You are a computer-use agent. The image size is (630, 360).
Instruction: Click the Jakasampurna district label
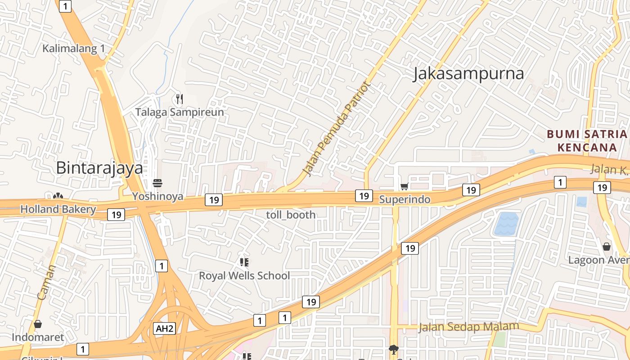pyautogui.click(x=468, y=74)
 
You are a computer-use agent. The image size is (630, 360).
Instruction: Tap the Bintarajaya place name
pyautogui.click(x=99, y=168)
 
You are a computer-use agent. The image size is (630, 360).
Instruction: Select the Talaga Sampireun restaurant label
pyautogui.click(x=180, y=112)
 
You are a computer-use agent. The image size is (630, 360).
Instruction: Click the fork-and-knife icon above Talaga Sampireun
pyautogui.click(x=179, y=99)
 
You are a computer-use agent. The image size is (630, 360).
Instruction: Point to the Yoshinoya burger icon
pyautogui.click(x=157, y=183)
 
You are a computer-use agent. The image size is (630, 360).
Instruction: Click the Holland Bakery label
pyautogui.click(x=58, y=209)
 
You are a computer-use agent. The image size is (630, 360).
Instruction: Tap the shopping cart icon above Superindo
pyautogui.click(x=404, y=186)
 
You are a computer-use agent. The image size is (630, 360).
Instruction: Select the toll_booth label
pyautogui.click(x=291, y=215)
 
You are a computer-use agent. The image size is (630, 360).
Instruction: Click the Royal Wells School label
pyautogui.click(x=244, y=275)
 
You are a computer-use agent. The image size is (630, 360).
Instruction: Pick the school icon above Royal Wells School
pyautogui.click(x=244, y=262)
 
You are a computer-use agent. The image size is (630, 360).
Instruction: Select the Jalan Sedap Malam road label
pyautogui.click(x=468, y=327)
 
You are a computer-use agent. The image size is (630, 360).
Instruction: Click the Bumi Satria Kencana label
pyautogui.click(x=587, y=140)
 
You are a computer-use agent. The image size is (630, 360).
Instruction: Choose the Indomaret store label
pyautogui.click(x=38, y=337)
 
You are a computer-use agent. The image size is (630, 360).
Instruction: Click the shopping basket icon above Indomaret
pyautogui.click(x=38, y=324)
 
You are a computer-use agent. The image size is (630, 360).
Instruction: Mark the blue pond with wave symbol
pyautogui.click(x=506, y=224)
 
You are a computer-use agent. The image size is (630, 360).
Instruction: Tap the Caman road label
pyautogui.click(x=46, y=283)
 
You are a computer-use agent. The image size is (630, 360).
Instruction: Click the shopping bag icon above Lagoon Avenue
pyautogui.click(x=607, y=247)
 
